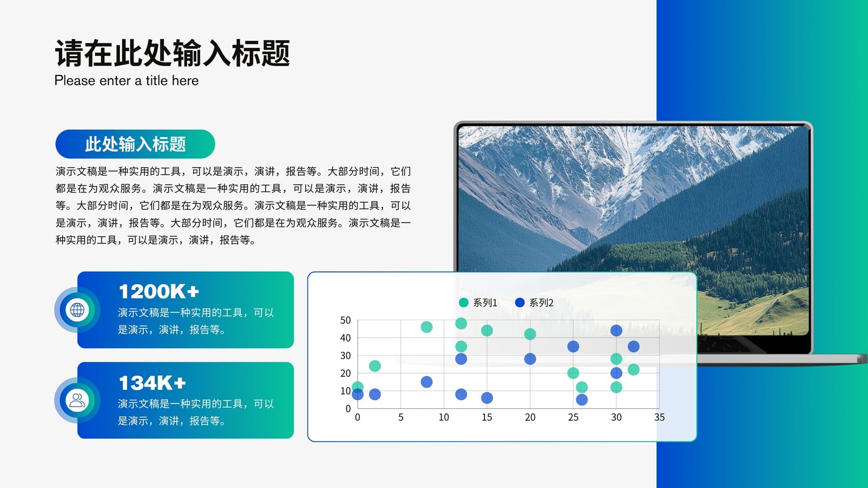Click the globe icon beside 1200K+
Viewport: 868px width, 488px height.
(77, 310)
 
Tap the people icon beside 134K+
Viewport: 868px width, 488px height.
(77, 401)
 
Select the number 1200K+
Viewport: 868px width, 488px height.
(159, 292)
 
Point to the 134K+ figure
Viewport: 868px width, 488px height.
(152, 383)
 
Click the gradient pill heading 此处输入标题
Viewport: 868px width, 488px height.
(135, 144)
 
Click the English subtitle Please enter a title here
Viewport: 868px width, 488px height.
(126, 81)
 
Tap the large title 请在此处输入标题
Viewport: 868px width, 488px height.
(173, 53)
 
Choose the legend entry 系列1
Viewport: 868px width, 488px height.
(478, 303)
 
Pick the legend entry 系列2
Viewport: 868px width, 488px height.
(534, 303)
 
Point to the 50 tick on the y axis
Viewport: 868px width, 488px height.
(345, 320)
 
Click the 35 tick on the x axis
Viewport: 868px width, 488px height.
(660, 418)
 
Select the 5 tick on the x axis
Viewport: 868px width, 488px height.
(401, 418)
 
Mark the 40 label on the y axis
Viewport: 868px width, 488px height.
(345, 338)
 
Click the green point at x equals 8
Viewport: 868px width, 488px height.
(426, 328)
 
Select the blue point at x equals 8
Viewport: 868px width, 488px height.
(426, 382)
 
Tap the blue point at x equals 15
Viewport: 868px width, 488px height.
(487, 398)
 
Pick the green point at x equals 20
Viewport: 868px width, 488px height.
(530, 334)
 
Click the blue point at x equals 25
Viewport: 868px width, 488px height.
(573, 346)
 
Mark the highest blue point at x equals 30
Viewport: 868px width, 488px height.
(616, 331)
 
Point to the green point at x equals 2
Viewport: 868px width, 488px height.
(375, 366)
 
